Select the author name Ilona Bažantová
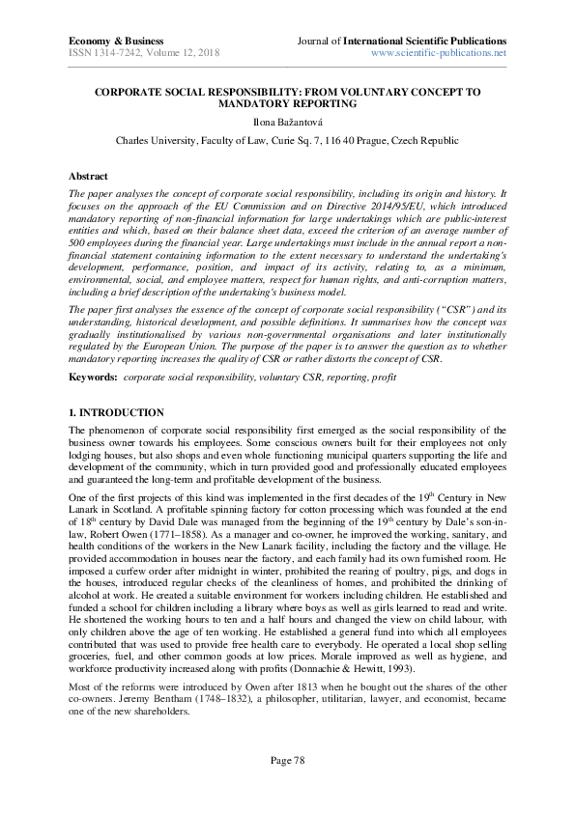click(x=287, y=122)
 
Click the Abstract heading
click(x=89, y=177)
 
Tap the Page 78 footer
click(x=287, y=761)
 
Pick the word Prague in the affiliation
click(x=387, y=140)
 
